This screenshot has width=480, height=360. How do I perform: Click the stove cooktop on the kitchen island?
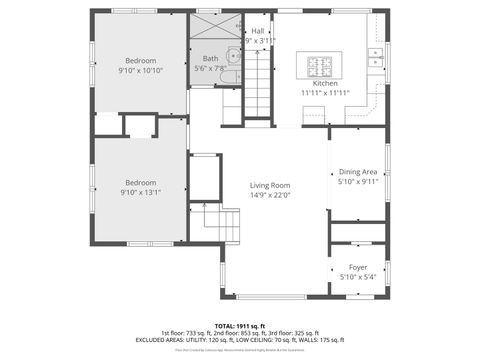tap(320, 67)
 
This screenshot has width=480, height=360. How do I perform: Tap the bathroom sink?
tap(231, 56)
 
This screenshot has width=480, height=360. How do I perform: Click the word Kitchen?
tap(325, 83)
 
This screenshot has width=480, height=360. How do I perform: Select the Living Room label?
tap(270, 185)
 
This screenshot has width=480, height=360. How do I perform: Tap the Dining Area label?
tap(358, 172)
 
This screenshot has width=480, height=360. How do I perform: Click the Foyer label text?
tap(358, 267)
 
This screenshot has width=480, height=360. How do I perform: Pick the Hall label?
tap(258, 31)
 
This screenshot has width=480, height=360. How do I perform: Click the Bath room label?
tap(210, 58)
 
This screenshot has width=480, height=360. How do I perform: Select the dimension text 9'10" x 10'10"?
tap(140, 71)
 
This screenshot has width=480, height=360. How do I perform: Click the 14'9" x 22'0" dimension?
tap(270, 195)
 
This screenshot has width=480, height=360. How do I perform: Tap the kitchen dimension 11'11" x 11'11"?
tap(325, 93)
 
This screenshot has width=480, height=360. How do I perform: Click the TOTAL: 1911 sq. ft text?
tap(240, 326)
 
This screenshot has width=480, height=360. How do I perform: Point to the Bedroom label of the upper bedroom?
tap(140, 60)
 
